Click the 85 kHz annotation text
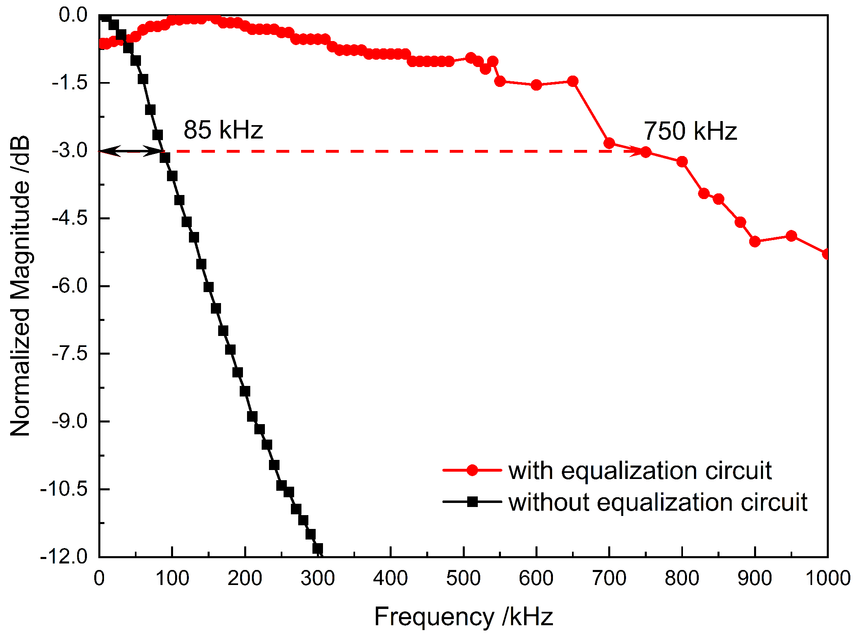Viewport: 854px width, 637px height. (223, 130)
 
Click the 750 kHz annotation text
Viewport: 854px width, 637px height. (690, 131)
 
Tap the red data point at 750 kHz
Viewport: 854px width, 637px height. (646, 152)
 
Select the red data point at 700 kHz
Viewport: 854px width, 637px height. (609, 143)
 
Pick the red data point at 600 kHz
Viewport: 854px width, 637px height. (536, 85)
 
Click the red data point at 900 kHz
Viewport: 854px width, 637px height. (755, 242)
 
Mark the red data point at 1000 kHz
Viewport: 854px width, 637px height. (826, 254)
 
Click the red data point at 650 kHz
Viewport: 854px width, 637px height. (573, 81)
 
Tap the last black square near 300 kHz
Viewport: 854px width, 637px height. (318, 548)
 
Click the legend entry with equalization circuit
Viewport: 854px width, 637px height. (639, 470)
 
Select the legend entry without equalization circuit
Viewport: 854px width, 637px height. (657, 502)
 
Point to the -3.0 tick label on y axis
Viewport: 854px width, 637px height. (69, 151)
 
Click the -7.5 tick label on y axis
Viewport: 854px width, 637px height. (69, 354)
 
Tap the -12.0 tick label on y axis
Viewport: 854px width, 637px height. (64, 556)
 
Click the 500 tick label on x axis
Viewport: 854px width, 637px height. (463, 578)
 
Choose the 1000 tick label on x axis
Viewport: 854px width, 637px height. (828, 578)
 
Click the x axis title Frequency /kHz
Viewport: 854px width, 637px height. (463, 617)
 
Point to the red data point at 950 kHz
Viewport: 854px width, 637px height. (791, 236)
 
